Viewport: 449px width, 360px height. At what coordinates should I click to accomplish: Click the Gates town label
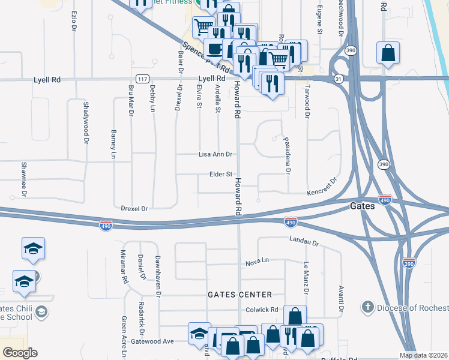pos(363,206)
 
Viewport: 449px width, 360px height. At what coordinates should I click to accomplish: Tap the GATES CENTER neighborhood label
pos(240,295)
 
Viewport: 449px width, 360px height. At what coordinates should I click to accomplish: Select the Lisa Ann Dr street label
pos(215,154)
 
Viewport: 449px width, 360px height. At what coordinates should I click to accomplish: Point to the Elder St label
pos(220,175)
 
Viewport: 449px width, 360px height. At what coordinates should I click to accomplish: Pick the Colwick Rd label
pos(262,310)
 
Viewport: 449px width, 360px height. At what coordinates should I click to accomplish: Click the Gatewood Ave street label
pos(154,341)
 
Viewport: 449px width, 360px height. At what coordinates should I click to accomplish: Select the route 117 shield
pos(142,79)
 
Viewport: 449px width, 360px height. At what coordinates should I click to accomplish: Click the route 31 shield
pos(339,79)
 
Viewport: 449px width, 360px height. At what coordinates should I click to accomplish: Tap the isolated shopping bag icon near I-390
pos(388,53)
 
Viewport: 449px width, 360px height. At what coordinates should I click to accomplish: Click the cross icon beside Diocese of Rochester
pos(367,308)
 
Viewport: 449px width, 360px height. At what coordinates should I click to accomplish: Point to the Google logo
pos(20,353)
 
